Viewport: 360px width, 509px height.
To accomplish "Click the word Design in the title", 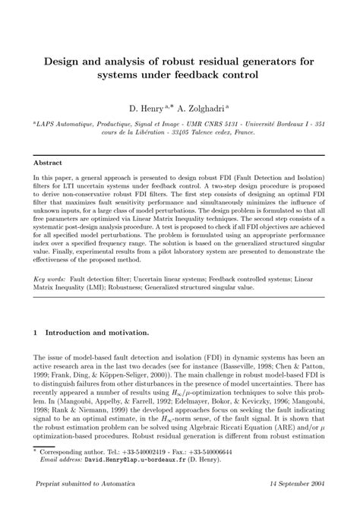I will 65,60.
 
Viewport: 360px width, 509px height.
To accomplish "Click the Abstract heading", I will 49,162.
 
